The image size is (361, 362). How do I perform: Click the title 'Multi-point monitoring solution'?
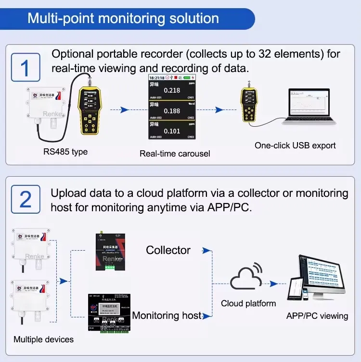point(123,18)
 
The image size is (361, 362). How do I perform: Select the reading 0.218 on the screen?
point(172,90)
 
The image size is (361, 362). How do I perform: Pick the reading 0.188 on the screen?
point(172,111)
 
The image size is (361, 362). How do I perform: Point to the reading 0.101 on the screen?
point(172,131)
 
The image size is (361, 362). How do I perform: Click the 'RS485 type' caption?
point(65,152)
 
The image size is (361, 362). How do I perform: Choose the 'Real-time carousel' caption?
point(168,154)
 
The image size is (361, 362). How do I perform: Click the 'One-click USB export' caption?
point(295,145)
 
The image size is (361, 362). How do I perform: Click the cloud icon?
point(247,278)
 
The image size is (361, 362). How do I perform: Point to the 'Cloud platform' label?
point(248,303)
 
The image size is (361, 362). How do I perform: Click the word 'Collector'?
point(168,250)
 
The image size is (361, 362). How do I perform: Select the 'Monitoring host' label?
point(167,315)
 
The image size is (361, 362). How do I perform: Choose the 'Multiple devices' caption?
point(44,339)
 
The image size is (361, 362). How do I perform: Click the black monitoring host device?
point(110,312)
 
